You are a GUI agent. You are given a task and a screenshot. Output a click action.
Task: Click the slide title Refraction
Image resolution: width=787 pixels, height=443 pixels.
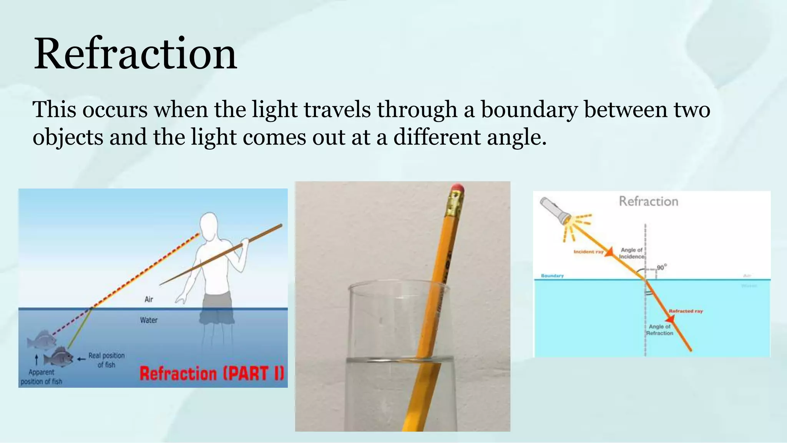coord(135,54)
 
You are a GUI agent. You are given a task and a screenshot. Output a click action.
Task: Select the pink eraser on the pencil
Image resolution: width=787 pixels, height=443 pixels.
coord(457,189)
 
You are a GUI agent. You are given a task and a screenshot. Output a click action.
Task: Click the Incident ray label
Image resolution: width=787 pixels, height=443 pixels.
coord(588,252)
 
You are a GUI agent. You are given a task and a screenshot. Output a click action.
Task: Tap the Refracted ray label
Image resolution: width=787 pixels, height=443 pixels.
coord(686,311)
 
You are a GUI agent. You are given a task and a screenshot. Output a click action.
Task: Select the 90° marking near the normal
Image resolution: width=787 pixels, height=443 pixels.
coord(661,267)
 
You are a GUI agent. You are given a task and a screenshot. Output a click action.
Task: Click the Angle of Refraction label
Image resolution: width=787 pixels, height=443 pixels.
coord(659,330)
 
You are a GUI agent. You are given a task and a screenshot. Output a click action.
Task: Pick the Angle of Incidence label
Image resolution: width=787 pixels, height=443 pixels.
coord(631,253)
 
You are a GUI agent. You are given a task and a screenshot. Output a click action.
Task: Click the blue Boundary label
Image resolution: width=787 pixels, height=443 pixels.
coord(552,276)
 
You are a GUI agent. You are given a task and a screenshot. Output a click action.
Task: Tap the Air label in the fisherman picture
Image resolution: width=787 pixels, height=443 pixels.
coord(149,299)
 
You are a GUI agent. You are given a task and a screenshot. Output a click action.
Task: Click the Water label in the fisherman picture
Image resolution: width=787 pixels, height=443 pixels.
coord(149,320)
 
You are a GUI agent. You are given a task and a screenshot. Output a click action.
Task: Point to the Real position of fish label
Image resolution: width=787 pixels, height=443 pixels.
coord(106,360)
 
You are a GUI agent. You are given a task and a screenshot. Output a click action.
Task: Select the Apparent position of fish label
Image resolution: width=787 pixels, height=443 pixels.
coord(42,377)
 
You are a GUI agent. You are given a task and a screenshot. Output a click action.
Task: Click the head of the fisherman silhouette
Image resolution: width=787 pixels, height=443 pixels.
coord(209,224)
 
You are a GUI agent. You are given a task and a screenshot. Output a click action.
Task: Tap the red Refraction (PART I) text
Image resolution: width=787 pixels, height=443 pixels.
coord(212,373)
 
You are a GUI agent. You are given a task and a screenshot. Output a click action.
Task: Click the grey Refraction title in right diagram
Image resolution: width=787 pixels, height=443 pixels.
coord(648,202)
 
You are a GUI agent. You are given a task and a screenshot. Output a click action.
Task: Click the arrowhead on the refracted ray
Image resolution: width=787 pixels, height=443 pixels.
coord(670,319)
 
